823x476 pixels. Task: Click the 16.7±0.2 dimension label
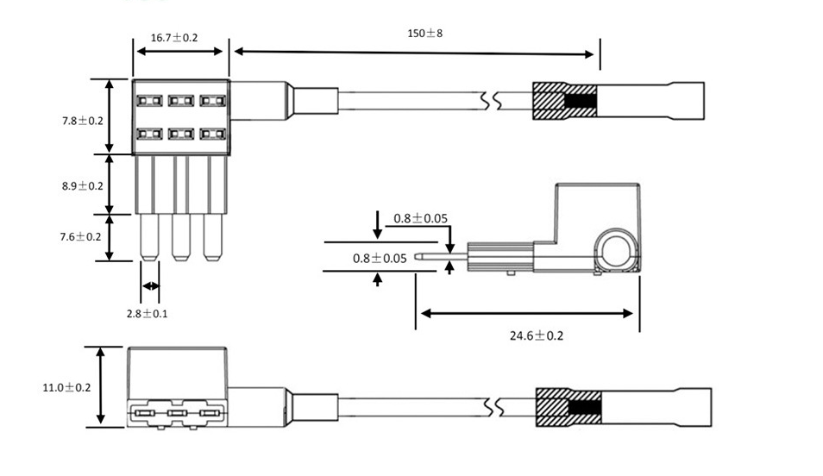(x=174, y=38)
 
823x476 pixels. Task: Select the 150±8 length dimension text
(x=424, y=34)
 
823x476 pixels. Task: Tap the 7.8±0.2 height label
(x=82, y=121)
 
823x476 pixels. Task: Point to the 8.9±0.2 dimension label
(x=82, y=185)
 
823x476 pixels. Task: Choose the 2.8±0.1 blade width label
(x=147, y=313)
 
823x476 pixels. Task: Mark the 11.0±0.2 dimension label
(x=66, y=387)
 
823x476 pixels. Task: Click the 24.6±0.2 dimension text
(x=536, y=335)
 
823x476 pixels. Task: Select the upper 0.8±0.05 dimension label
(x=421, y=218)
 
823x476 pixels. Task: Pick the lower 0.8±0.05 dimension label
(x=380, y=258)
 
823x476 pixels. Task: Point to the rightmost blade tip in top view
(x=211, y=255)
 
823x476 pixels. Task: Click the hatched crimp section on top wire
(x=549, y=102)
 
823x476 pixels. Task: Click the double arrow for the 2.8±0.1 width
(x=150, y=286)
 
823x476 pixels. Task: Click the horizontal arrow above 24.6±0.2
(x=527, y=314)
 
